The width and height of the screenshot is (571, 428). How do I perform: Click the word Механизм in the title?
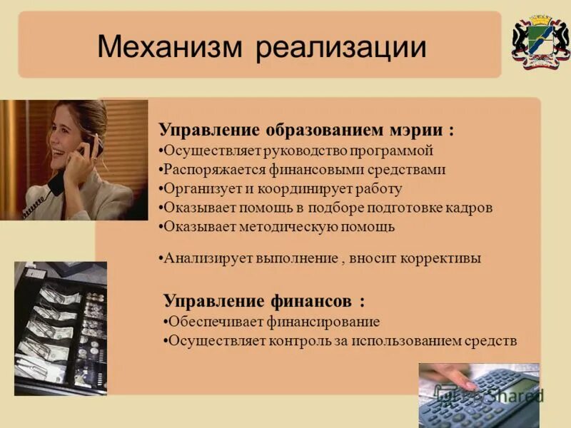168,48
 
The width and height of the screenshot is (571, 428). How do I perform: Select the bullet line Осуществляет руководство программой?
298,151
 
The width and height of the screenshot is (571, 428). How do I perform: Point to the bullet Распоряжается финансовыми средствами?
304,170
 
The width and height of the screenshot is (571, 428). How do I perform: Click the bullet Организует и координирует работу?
282,189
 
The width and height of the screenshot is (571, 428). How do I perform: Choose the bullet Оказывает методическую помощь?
278,227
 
